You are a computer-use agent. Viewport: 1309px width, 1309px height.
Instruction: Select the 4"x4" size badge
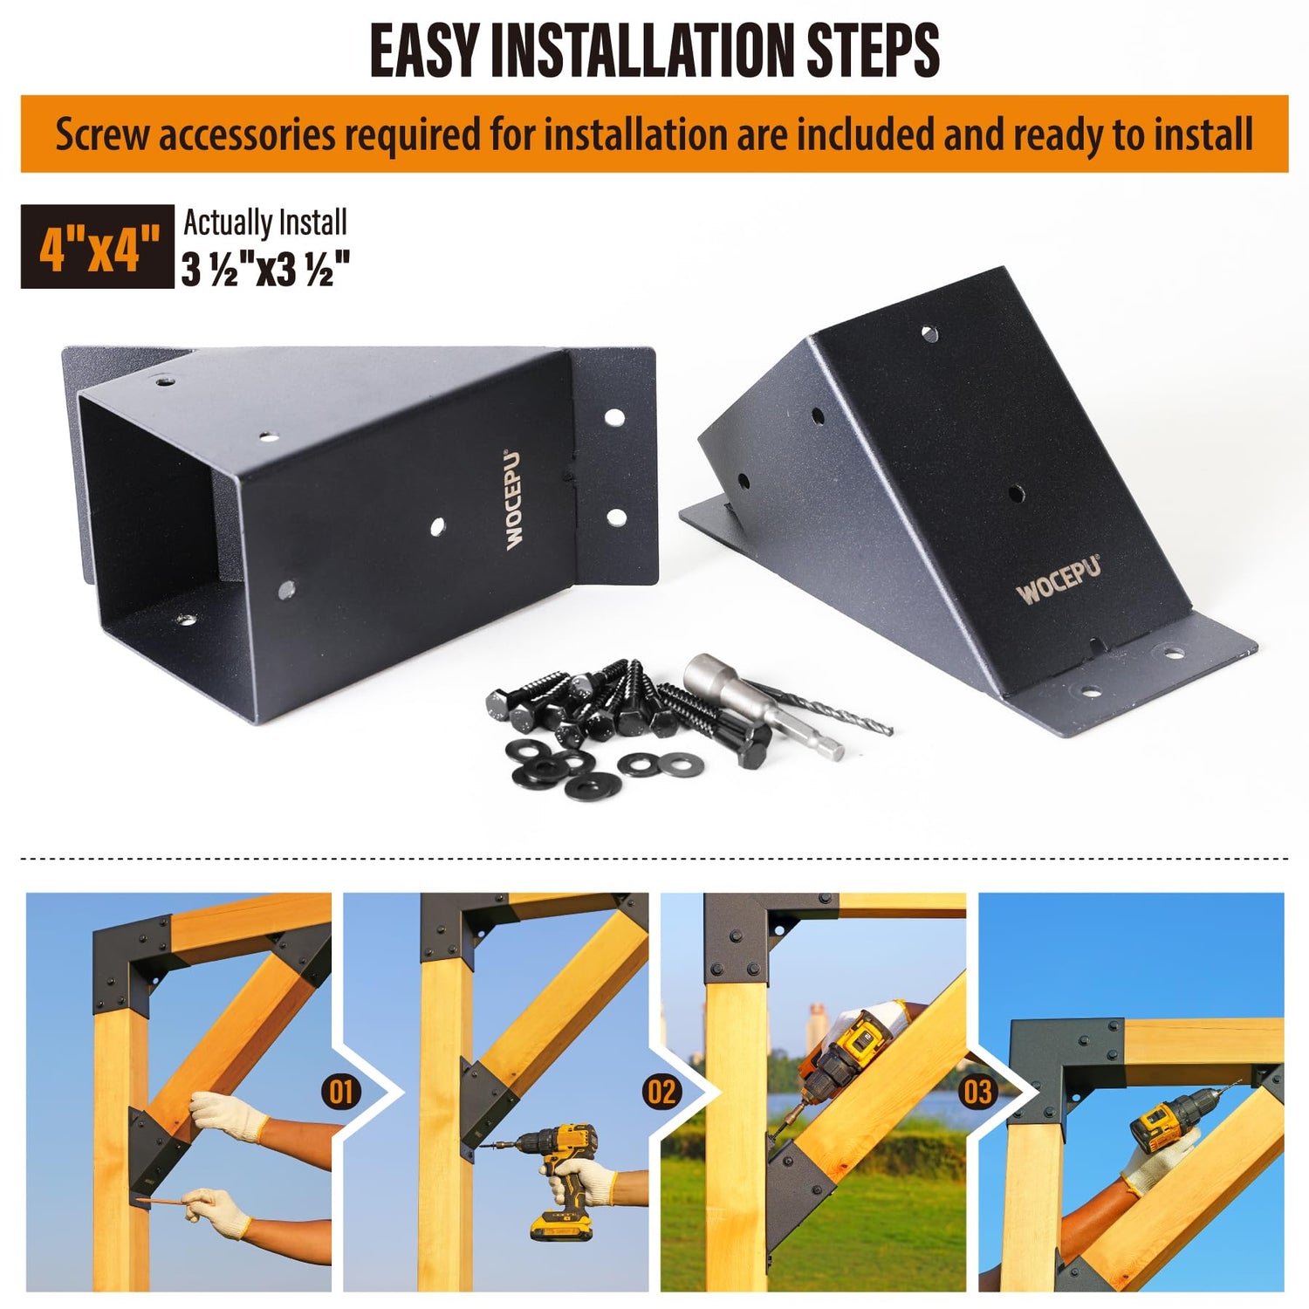point(97,246)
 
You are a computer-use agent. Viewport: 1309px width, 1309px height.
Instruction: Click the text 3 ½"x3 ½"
point(266,269)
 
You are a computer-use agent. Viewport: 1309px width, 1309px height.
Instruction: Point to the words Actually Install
point(265,223)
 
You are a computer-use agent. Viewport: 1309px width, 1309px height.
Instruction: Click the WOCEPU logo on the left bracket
point(514,499)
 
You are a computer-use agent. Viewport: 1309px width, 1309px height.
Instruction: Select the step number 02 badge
point(661,1091)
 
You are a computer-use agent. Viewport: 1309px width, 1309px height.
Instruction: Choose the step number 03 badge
point(977,1091)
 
